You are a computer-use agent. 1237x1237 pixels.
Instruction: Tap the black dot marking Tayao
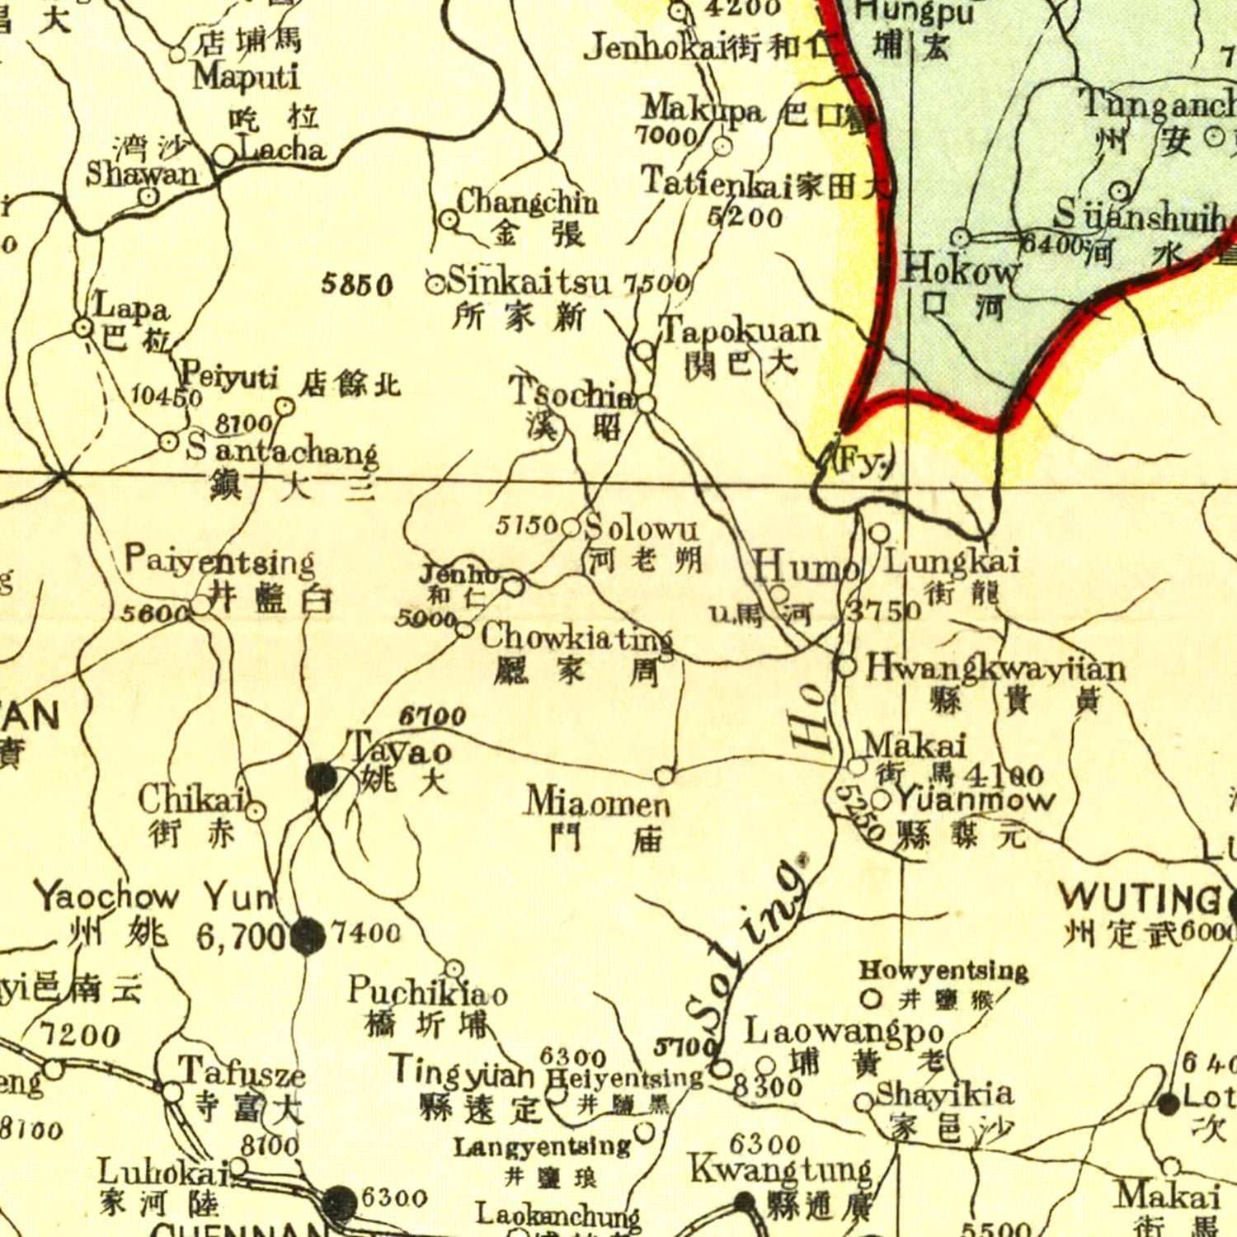pos(322,778)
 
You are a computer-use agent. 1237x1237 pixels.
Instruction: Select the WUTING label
pos(1140,897)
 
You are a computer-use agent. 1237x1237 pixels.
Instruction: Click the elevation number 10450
pos(167,396)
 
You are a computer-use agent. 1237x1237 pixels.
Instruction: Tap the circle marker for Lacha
pos(223,156)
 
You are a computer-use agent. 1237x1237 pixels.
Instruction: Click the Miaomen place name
pos(598,802)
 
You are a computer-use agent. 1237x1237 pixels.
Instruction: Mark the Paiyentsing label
pos(219,562)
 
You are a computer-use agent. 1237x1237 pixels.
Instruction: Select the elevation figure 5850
pos(357,285)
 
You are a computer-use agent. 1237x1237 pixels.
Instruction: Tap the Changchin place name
pos(527,201)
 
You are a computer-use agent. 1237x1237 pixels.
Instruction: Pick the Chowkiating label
pos(576,636)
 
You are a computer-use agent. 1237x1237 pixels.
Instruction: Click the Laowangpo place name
pos(844,1031)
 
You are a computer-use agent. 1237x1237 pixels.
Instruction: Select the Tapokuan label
pos(740,331)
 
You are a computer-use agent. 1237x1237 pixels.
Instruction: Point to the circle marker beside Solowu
pos(571,527)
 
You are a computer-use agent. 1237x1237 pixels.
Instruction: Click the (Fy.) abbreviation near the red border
pos(863,462)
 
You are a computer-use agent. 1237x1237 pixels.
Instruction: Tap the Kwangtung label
pos(780,1169)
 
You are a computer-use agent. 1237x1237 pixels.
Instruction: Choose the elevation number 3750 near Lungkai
pos(884,611)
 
